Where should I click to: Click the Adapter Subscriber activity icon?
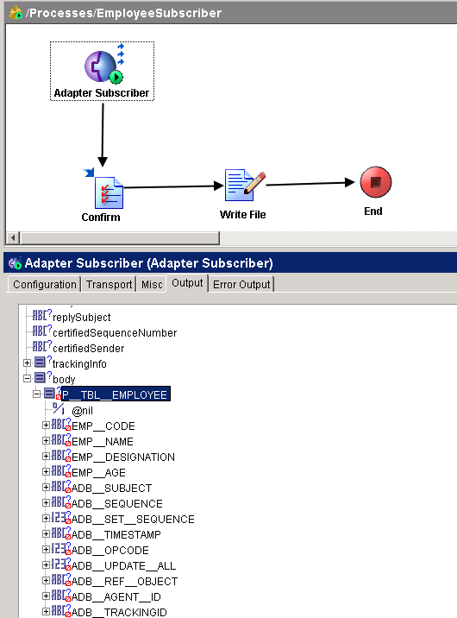(x=104, y=66)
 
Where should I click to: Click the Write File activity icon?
(x=244, y=185)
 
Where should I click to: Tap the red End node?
(x=376, y=182)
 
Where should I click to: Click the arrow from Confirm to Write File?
(x=173, y=186)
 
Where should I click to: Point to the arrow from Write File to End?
(x=310, y=183)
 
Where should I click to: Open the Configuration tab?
(x=45, y=284)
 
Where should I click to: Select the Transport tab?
(x=109, y=284)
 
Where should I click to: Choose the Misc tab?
(x=152, y=284)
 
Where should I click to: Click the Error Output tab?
(x=241, y=284)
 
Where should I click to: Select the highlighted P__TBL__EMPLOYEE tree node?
(x=116, y=394)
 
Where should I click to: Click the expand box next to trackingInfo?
(x=27, y=363)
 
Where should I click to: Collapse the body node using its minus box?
(x=27, y=378)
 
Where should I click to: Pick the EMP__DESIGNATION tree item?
(x=123, y=457)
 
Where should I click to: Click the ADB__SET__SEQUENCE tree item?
(x=133, y=519)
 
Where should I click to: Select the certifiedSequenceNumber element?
(x=115, y=332)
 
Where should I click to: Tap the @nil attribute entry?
(x=82, y=411)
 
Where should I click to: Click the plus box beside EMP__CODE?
(x=46, y=425)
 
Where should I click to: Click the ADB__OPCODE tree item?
(x=110, y=550)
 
